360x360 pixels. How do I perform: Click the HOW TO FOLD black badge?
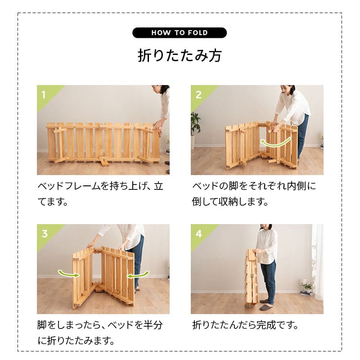coord(180,33)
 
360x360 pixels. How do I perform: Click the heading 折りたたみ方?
coord(180,56)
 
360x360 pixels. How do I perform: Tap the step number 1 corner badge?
coord(44,94)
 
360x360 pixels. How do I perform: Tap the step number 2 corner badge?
coord(198,94)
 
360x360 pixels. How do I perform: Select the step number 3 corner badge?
coord(44,234)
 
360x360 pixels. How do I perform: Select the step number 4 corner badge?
coord(198,234)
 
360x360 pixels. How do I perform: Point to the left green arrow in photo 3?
coord(66,273)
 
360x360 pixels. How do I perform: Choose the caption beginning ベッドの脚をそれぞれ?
coord(254,193)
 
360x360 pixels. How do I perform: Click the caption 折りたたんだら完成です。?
coord(246,325)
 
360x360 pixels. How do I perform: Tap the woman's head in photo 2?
coord(288,89)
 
